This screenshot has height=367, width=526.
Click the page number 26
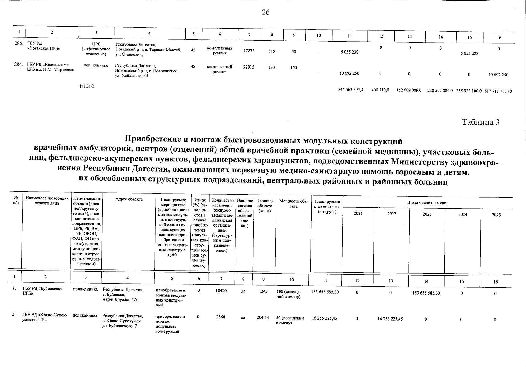265,12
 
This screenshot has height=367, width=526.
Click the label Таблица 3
480,122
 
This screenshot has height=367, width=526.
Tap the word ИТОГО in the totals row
87,86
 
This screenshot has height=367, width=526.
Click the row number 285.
19,43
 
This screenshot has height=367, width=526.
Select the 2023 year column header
427,214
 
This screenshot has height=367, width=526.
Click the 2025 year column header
496,215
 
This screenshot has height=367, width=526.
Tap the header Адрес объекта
129,199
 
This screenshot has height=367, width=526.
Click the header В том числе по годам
427,203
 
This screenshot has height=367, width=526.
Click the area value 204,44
263,317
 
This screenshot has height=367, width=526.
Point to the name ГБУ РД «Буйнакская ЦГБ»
42,291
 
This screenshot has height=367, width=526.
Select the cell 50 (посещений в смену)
290,320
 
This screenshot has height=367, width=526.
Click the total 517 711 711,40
498,91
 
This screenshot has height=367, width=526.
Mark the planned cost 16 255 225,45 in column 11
325,318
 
